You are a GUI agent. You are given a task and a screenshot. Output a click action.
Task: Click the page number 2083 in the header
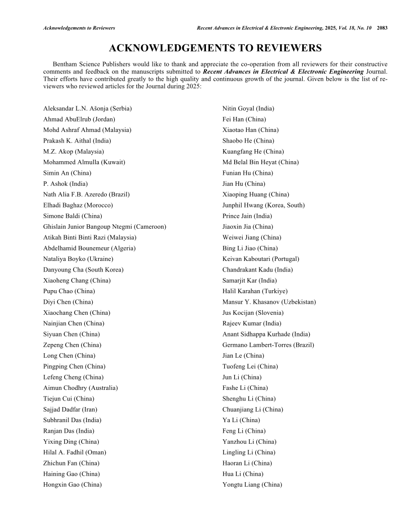click(382, 27)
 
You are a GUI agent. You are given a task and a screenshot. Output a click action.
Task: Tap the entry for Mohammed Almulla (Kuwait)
click(84, 162)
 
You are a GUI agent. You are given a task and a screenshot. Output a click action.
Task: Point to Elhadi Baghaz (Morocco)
click(78, 205)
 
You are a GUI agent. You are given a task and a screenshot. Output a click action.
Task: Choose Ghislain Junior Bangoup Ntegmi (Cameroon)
click(105, 227)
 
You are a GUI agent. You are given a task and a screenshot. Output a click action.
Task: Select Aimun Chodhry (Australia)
click(81, 388)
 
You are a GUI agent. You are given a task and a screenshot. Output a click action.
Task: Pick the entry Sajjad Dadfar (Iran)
click(71, 410)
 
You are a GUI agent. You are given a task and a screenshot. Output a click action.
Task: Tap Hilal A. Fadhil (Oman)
click(75, 452)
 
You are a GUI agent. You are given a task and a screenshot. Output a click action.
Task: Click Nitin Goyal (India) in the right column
click(248, 108)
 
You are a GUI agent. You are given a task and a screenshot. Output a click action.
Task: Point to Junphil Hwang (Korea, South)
click(263, 205)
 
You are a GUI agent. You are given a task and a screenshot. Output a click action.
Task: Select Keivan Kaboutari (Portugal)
click(261, 259)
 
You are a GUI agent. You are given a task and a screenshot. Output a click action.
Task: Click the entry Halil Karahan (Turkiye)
click(255, 291)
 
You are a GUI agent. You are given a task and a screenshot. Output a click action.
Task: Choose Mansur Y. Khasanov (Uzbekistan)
click(269, 302)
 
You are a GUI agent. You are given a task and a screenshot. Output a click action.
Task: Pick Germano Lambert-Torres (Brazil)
click(268, 345)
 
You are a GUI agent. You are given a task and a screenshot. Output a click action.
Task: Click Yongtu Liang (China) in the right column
click(252, 485)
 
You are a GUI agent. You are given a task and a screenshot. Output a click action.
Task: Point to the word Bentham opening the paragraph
click(64, 64)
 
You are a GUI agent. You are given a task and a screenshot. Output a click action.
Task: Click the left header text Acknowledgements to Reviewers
click(79, 27)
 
